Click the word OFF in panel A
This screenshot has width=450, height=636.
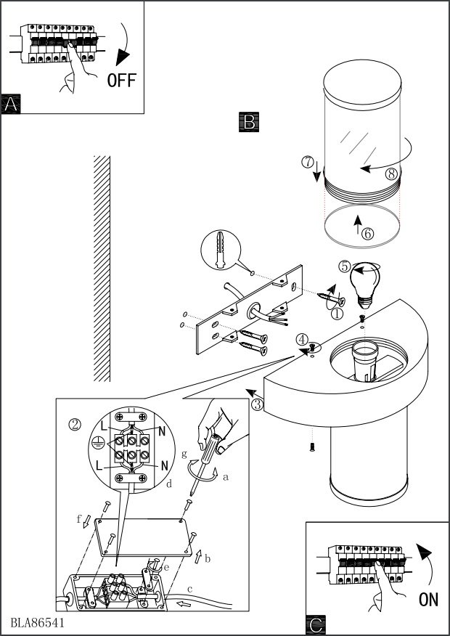(x=122, y=81)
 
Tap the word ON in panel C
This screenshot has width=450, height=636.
(x=428, y=600)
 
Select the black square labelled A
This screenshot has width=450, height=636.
(x=11, y=104)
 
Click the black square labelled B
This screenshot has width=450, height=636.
(x=249, y=122)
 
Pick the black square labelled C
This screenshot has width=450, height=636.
(x=316, y=625)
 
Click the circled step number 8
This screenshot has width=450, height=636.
(x=391, y=174)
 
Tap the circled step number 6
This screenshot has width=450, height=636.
(x=368, y=234)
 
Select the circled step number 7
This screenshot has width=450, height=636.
(x=308, y=162)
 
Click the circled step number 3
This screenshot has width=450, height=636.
(x=258, y=404)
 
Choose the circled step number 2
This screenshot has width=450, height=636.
(x=75, y=425)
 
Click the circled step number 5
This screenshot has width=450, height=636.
(x=345, y=266)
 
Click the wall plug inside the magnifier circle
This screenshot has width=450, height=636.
(x=220, y=250)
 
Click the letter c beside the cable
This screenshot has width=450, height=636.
(x=189, y=589)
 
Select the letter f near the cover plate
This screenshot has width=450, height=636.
(x=79, y=518)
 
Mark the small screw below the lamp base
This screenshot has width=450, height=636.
(x=312, y=447)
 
